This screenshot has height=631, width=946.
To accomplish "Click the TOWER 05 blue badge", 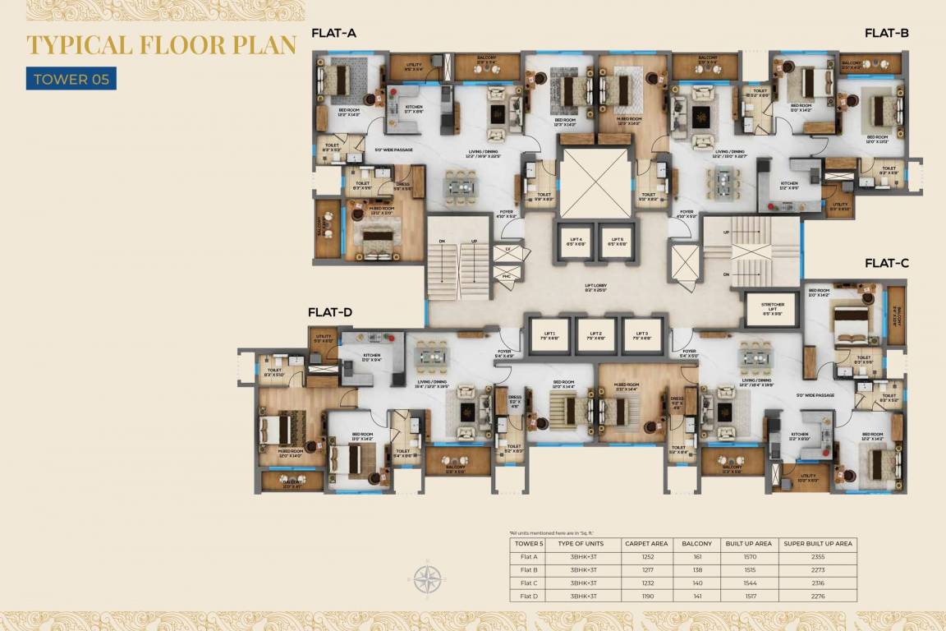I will pyautogui.click(x=71, y=79).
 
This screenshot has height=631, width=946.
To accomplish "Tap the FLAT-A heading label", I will pyautogui.click(x=333, y=34).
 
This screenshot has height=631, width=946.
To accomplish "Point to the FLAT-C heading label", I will pyautogui.click(x=886, y=263).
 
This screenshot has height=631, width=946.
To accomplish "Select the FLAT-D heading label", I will pyautogui.click(x=330, y=312).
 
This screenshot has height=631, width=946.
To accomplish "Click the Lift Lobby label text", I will pyautogui.click(x=595, y=287).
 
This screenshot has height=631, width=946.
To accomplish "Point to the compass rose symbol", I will pyautogui.click(x=426, y=579).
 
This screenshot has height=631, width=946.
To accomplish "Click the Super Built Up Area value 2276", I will pyautogui.click(x=817, y=596).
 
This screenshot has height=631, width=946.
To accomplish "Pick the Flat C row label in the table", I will pyautogui.click(x=529, y=583).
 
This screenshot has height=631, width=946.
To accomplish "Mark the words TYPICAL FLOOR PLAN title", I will pyautogui.click(x=161, y=45).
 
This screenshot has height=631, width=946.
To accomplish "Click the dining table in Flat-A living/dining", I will pyautogui.click(x=461, y=187).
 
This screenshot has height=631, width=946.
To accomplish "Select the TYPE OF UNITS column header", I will pyautogui.click(x=581, y=543).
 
